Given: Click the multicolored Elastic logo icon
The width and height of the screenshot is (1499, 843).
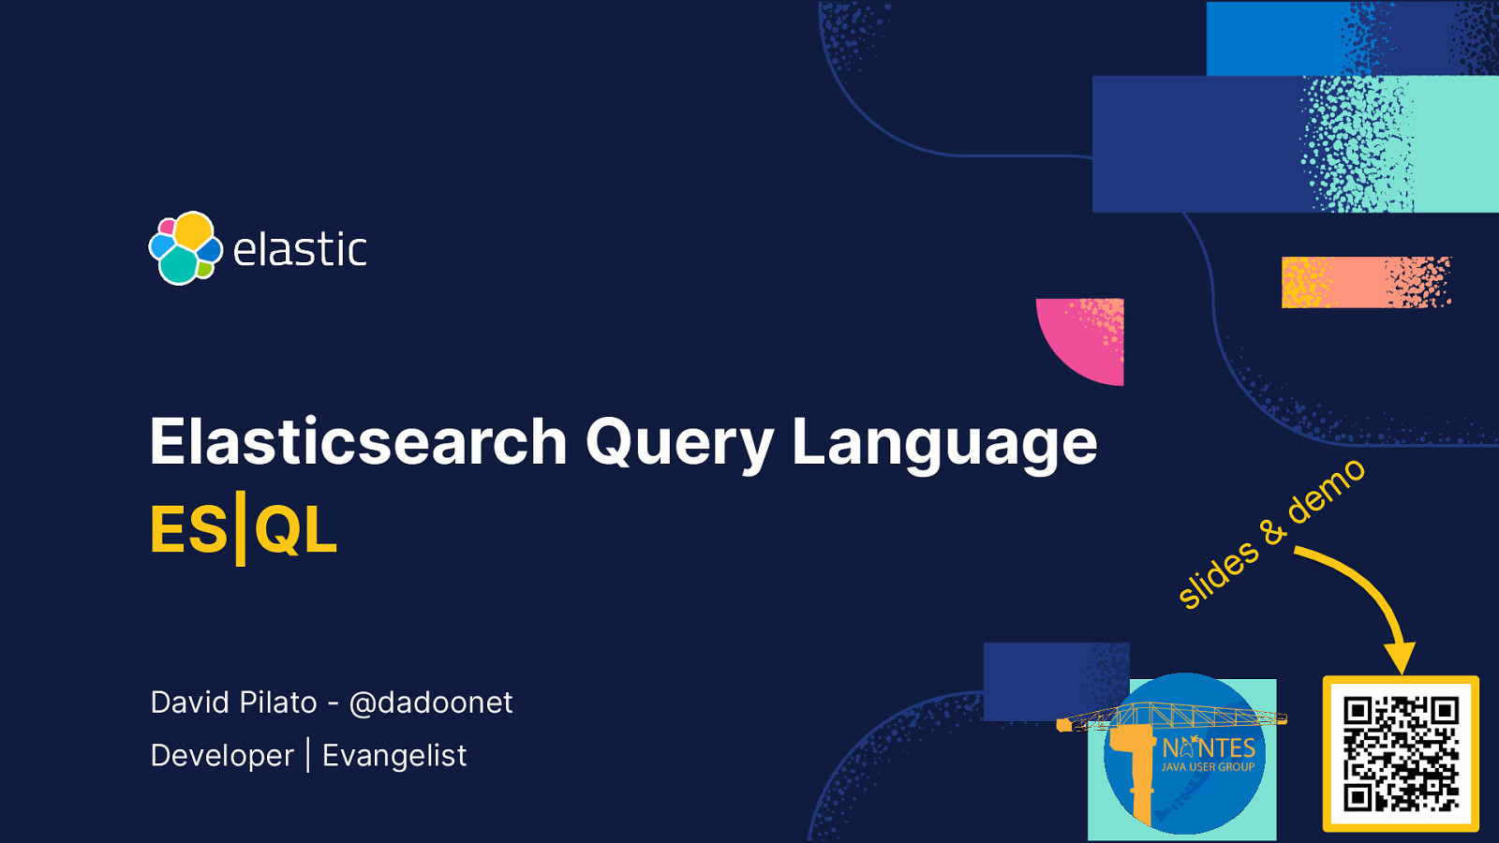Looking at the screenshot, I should [185, 248].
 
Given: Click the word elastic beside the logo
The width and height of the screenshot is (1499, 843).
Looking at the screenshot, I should [299, 250].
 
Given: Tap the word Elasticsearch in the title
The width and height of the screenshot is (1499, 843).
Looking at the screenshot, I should [359, 441].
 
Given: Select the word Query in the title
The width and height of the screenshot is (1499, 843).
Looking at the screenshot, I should [679, 443].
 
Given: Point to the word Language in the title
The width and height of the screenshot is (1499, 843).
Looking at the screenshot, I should [943, 443].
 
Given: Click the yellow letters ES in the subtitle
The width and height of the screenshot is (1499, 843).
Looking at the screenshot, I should [188, 530].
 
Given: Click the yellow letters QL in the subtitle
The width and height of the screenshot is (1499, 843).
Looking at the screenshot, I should [295, 530].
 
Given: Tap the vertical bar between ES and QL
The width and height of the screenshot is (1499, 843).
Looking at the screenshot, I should [241, 529].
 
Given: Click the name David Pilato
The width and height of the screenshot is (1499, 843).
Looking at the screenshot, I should [233, 702].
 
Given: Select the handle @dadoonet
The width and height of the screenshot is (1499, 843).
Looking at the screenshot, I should [430, 702].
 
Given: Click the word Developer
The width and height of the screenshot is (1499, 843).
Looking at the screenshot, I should [222, 756].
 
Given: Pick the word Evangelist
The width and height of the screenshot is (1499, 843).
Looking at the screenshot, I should [393, 756].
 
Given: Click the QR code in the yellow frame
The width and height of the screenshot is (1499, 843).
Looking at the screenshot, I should [1401, 753].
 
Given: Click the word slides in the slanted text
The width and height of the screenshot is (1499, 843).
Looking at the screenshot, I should [1217, 574].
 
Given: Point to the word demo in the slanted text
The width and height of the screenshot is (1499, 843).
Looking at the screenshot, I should [1326, 492].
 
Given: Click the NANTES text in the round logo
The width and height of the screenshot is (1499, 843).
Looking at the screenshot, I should [1209, 747].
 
